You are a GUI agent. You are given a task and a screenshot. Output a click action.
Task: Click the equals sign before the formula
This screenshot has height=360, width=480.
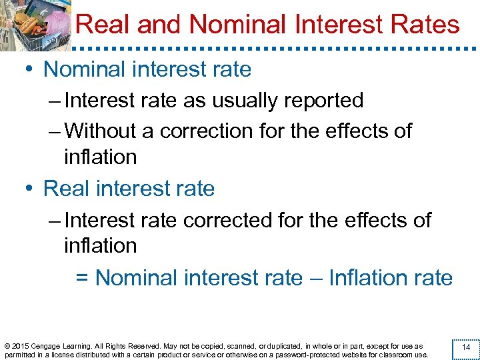click(83, 278)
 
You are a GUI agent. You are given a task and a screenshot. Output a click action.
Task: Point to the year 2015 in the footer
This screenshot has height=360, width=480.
click(21, 347)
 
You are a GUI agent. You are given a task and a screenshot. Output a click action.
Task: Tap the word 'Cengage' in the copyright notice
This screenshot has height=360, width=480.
click(49, 347)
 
